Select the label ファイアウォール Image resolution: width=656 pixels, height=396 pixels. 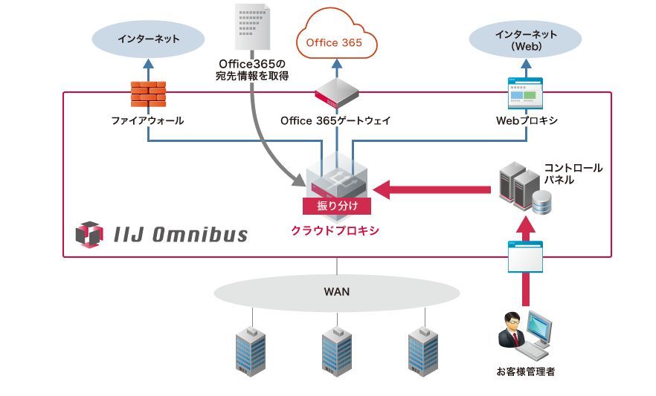pyautogui.click(x=148, y=120)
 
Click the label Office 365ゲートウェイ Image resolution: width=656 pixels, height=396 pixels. pyautogui.click(x=335, y=120)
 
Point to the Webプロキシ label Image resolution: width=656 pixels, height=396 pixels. pyautogui.click(x=526, y=120)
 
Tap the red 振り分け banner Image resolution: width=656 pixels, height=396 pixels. pyautogui.click(x=336, y=206)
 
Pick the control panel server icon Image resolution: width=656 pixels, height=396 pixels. pyautogui.click(x=523, y=186)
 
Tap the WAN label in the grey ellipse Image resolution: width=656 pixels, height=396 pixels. pyautogui.click(x=336, y=291)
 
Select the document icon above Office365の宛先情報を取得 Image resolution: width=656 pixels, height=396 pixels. pyautogui.click(x=251, y=28)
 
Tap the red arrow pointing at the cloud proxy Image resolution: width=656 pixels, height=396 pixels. pyautogui.click(x=431, y=190)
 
